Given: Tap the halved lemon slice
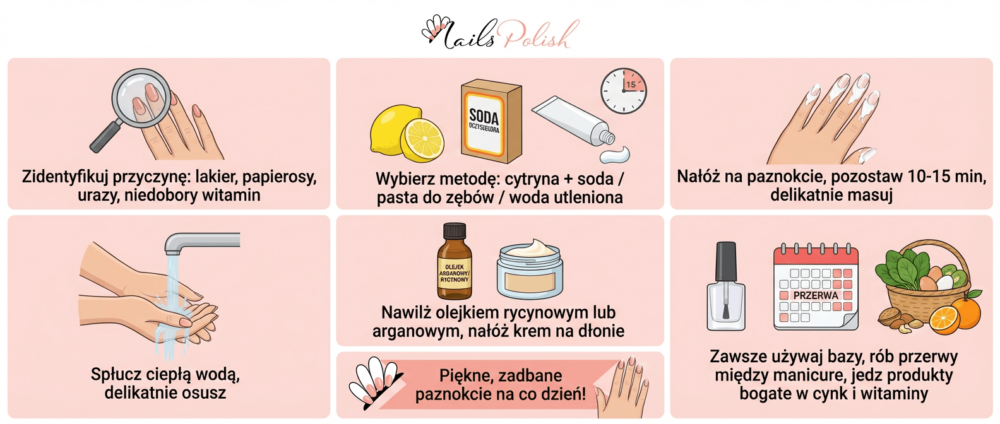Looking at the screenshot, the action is pyautogui.click(x=422, y=139).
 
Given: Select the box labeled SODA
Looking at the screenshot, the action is pyautogui.click(x=491, y=121).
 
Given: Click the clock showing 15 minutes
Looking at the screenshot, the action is pyautogui.click(x=624, y=91).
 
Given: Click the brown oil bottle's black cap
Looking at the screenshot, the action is pyautogui.click(x=455, y=231).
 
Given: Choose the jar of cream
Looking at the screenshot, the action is pyautogui.click(x=530, y=269).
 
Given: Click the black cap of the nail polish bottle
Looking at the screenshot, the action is pyautogui.click(x=726, y=262).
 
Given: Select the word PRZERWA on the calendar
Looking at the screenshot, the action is pyautogui.click(x=816, y=295).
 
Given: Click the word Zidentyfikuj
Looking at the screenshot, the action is pyautogui.click(x=64, y=177).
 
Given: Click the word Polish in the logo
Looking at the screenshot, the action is pyautogui.click(x=541, y=34).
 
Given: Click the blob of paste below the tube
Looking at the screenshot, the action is pyautogui.click(x=615, y=155).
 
